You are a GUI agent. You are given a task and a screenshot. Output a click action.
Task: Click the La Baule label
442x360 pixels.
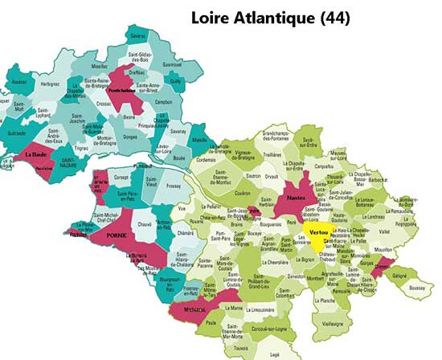[35, 153]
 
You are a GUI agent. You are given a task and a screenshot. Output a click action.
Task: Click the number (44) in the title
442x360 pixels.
[332, 17]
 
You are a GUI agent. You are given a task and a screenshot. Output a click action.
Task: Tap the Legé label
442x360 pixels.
[276, 353]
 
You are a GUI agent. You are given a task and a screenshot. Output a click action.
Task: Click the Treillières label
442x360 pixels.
[271, 154]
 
